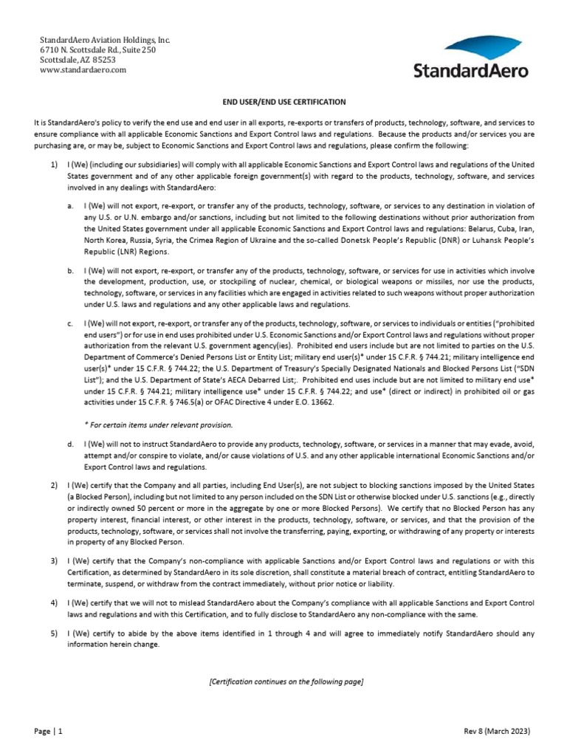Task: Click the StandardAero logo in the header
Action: pos(470,60)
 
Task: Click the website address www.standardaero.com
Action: pos(83,70)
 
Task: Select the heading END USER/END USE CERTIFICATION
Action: pos(284,101)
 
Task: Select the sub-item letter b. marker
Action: pos(69,272)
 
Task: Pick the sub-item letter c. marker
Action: pos(69,323)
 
